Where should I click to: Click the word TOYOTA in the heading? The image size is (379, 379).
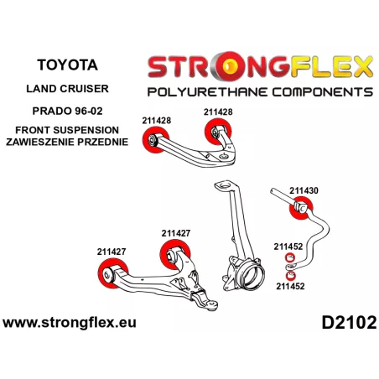coord(67,65)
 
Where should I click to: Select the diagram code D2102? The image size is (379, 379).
coord(349,323)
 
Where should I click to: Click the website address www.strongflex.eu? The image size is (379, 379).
coord(70,323)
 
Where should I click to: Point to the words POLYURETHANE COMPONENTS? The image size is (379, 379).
coord(260,92)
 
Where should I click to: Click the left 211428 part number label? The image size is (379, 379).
coord(157,121)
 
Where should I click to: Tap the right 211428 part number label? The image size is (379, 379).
coord(218,112)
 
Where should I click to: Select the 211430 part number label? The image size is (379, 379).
coord(304,190)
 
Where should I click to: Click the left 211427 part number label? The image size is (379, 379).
coord(112,252)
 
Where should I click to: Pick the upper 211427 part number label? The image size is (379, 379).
coord(176,233)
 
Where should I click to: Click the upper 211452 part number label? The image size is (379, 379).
coord(288,247)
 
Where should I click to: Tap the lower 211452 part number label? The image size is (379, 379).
coord(290,286)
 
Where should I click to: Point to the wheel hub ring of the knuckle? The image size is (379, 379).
coord(253,275)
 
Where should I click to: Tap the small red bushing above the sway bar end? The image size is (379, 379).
coord(290,257)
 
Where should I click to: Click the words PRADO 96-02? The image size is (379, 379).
coord(67,111)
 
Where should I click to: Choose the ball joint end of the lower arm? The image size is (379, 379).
coord(211,304)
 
